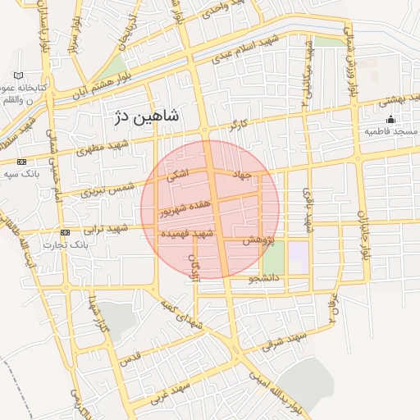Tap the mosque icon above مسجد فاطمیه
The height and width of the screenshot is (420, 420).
390,120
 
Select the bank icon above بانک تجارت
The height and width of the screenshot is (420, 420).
65,233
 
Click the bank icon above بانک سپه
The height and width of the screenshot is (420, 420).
21,162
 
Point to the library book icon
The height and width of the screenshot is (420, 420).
18,75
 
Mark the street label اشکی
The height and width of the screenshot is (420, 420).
176,174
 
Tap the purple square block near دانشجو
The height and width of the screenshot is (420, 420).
299,257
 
